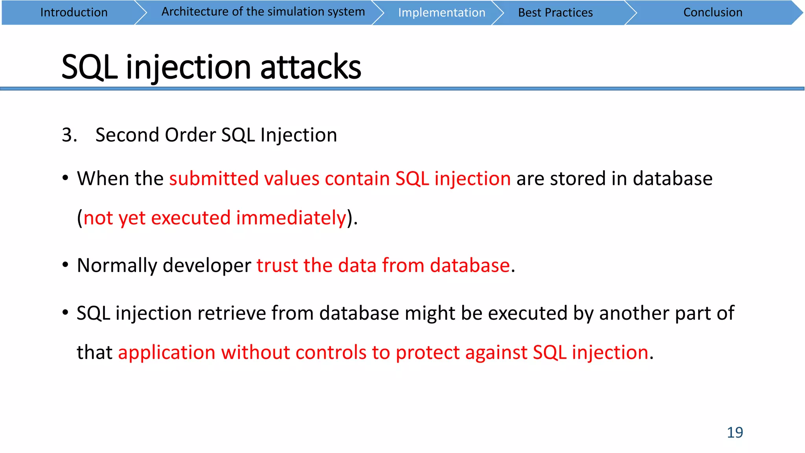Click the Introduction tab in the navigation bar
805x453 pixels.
tap(74, 13)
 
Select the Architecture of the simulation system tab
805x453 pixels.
tap(263, 12)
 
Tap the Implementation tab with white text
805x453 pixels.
tap(441, 13)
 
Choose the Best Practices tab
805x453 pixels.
tap(555, 13)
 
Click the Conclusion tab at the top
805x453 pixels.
tap(713, 13)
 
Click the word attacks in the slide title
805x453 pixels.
tap(311, 67)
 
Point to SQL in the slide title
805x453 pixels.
tap(89, 67)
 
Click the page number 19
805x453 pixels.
tap(735, 432)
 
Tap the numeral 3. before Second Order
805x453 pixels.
tap(69, 135)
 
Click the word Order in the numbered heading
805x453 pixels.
tap(190, 135)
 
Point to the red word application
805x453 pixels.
tap(167, 352)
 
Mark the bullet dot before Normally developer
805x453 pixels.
tap(65, 265)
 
